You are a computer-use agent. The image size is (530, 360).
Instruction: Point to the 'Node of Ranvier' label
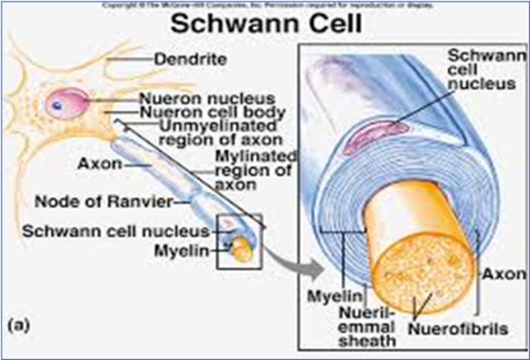(117, 200)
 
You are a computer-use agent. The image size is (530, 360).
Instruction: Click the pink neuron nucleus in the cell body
(60, 105)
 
